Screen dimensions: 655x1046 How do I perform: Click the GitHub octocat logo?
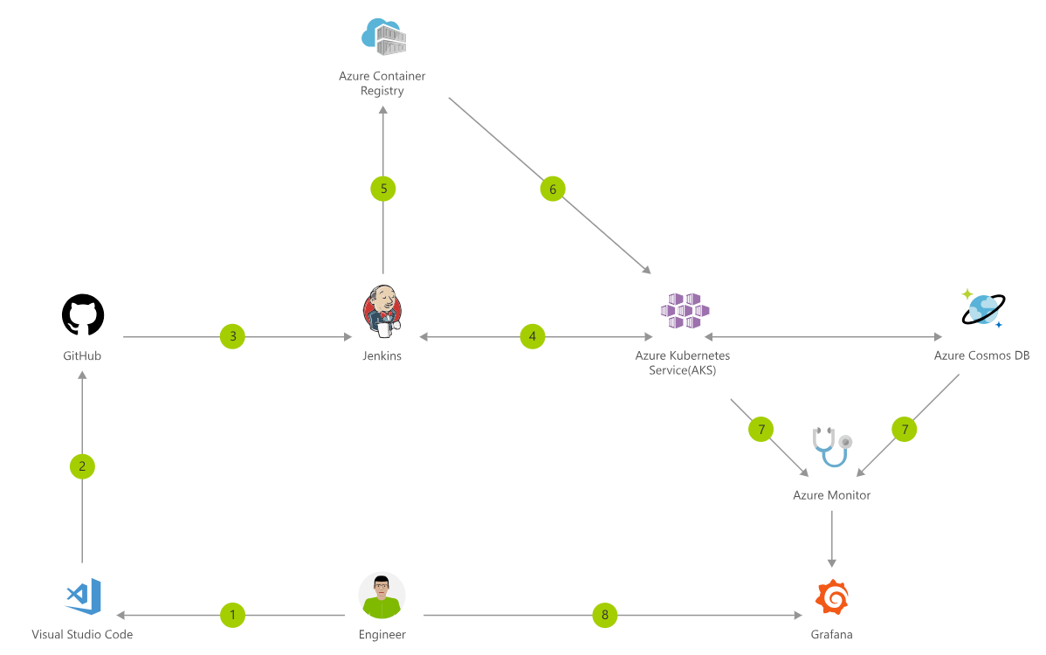83,314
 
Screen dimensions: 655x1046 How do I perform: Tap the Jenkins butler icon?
382,313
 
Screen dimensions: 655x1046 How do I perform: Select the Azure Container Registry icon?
383,37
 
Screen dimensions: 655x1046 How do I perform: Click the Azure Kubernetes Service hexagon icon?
685,311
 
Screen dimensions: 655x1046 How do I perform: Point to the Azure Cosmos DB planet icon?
982,309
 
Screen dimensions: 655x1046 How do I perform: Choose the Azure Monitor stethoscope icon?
830,447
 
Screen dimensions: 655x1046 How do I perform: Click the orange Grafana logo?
831,597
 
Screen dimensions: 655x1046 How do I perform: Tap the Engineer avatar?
382,596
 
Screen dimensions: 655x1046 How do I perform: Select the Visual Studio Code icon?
83,596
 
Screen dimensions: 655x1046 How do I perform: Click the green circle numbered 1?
232,615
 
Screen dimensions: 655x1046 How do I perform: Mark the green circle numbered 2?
82,466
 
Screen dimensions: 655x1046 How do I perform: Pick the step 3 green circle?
232,336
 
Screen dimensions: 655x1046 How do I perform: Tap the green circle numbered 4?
533,336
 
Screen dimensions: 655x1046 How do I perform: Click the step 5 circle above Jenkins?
382,188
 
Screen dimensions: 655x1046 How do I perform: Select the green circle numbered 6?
552,188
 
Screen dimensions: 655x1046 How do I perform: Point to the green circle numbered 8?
604,615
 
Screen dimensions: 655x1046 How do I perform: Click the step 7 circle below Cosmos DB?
905,429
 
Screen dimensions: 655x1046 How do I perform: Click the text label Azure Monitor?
831,495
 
